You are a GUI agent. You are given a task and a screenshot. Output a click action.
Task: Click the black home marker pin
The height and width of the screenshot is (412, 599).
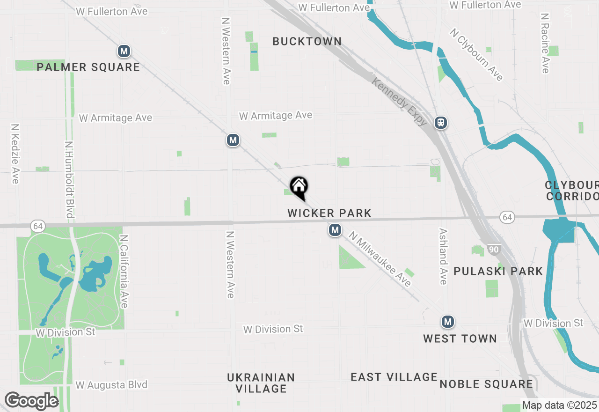pos(299,187)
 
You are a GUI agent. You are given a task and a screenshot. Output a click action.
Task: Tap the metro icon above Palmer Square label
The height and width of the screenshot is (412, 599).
pos(124,51)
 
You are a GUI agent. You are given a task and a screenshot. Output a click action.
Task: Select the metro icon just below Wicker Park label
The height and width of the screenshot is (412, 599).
pos(335,230)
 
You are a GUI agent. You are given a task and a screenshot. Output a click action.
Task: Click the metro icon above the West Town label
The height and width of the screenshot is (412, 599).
pos(448,322)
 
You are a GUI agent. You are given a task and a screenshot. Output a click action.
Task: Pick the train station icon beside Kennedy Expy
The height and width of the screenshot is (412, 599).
pos(440,123)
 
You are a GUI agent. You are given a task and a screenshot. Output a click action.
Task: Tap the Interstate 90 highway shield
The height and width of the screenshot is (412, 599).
pos(494,249)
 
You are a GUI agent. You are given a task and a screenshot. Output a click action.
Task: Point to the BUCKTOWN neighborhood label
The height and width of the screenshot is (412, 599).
pos(307,41)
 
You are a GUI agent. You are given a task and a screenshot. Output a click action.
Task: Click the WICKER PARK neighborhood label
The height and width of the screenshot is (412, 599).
pos(329,213)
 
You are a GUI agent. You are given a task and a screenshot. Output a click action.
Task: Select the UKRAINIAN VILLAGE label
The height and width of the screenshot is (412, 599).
pos(261,383)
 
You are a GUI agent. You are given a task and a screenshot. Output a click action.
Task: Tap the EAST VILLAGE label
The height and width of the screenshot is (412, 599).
pos(394,377)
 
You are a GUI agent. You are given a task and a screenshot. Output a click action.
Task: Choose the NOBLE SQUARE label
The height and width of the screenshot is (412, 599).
pos(486,384)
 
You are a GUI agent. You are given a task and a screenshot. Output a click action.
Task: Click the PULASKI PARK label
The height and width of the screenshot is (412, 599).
pos(498,271)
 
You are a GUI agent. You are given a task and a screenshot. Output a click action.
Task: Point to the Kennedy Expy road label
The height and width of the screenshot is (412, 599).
pos(399,102)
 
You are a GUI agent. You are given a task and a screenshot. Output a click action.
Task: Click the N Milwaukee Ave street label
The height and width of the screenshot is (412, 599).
pos(380,260)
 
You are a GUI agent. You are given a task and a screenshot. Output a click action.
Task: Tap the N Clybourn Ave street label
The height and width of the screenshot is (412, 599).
pos(476,54)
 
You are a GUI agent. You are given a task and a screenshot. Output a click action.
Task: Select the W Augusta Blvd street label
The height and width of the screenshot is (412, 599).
pos(111,385)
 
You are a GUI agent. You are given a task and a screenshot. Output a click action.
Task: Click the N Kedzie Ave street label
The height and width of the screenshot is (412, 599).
pos(15,154)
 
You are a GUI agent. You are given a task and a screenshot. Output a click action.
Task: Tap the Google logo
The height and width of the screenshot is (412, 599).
pos(31,401)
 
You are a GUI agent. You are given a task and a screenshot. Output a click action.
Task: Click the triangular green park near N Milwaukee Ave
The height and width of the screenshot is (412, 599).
pos(350,259)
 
